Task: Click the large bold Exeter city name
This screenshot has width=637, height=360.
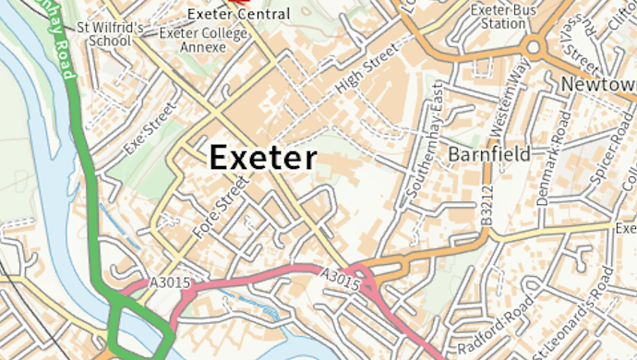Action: [263, 158]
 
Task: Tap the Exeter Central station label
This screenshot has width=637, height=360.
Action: [238, 15]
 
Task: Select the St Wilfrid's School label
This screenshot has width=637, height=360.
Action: [110, 34]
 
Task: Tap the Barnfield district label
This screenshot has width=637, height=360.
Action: [489, 154]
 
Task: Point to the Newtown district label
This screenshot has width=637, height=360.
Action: [598, 84]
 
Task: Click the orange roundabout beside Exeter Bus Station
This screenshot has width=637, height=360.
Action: [533, 47]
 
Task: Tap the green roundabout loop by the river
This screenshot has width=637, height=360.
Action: [138, 329]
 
